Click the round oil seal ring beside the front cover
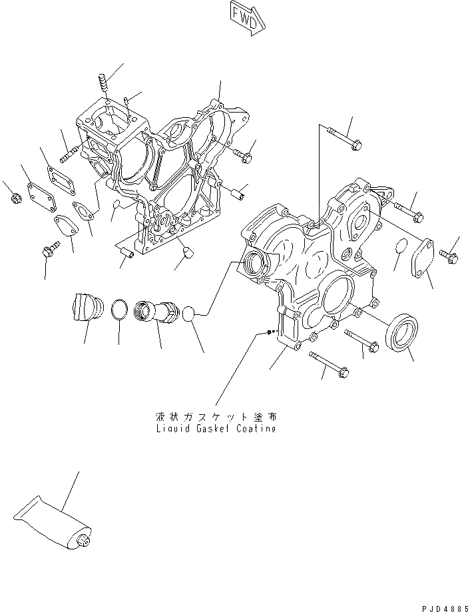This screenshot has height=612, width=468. point(403,332)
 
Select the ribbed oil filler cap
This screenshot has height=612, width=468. point(85,309)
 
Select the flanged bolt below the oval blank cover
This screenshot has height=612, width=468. point(49,252)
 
